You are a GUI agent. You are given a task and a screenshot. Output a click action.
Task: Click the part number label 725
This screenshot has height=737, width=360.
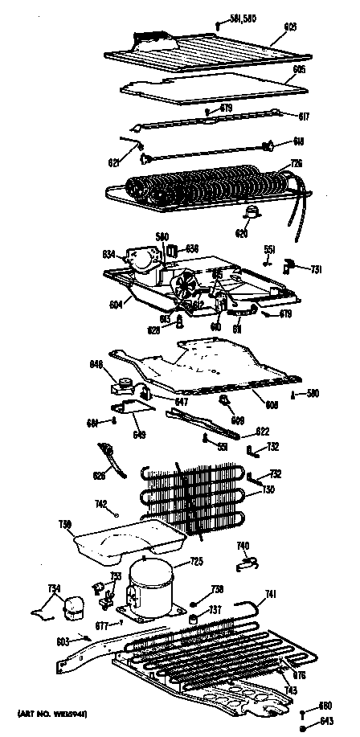(195, 562)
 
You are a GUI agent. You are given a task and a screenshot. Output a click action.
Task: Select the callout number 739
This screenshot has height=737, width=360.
(67, 526)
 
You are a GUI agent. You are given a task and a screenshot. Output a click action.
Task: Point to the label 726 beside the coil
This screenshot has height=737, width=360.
(296, 165)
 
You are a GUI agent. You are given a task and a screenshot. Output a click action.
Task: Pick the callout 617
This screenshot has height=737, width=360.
(305, 116)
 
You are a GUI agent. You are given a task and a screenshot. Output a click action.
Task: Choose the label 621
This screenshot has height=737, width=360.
(114, 163)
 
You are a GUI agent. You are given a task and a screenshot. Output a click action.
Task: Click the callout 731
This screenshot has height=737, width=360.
(317, 268)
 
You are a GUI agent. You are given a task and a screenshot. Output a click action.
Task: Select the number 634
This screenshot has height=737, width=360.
(109, 256)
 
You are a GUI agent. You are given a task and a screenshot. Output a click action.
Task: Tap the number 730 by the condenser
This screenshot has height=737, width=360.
(268, 490)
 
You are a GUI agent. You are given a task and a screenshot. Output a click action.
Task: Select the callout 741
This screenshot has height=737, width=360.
(271, 594)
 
